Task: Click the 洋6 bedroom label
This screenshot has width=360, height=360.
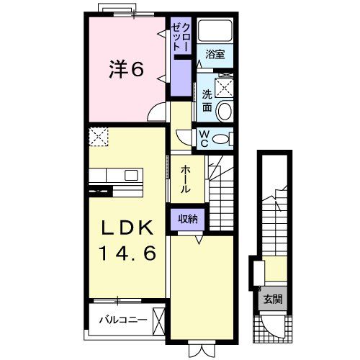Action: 126,69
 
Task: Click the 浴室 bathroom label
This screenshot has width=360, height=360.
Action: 215,53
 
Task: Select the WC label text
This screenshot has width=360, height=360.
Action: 204,137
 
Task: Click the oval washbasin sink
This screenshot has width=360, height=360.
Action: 224,112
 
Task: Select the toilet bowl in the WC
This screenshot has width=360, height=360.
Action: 222,138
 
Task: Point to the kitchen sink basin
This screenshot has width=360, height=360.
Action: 132,175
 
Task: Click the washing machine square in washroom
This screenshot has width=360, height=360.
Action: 224,87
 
